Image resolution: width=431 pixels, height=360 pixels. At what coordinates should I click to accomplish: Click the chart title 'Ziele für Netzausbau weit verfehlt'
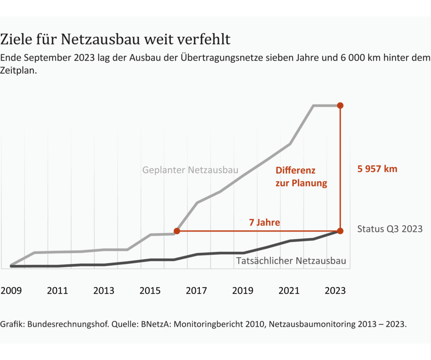click(x=115, y=40)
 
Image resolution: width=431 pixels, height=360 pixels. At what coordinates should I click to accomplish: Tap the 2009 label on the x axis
click(x=11, y=291)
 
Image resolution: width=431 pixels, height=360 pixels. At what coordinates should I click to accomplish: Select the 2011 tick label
click(x=57, y=291)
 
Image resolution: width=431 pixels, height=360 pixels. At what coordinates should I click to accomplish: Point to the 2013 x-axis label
click(x=104, y=291)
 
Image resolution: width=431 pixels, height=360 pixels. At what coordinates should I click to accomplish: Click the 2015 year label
click(x=150, y=291)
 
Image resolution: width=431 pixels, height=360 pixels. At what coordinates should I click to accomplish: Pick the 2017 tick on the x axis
click(x=196, y=291)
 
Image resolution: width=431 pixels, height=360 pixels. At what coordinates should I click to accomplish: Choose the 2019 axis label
click(x=242, y=291)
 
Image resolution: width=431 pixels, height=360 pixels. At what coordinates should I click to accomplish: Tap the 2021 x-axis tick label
click(x=289, y=291)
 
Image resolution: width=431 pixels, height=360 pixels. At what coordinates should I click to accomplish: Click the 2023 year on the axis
click(x=335, y=291)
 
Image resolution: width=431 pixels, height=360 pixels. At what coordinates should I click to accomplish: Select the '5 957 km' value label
click(x=377, y=169)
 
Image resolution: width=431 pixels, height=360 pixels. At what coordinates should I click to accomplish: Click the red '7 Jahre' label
click(x=264, y=222)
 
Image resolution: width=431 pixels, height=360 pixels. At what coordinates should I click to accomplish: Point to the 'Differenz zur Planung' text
click(x=301, y=177)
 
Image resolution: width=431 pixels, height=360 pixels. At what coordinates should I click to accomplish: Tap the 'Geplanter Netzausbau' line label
click(x=190, y=171)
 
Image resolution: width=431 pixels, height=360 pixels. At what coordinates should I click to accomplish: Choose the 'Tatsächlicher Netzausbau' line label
click(x=291, y=261)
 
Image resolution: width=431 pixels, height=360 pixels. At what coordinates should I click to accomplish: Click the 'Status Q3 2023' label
click(x=390, y=229)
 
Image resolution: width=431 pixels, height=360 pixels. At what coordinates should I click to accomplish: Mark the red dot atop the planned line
click(x=341, y=105)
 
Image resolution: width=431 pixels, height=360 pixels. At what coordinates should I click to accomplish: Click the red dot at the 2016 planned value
click(x=177, y=231)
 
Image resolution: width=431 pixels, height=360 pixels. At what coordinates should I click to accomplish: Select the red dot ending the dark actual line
click(x=341, y=231)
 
